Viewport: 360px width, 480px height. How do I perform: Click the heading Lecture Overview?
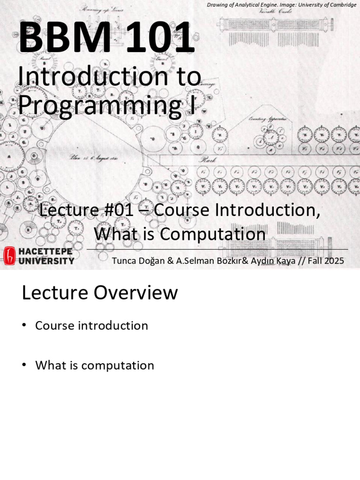pos(100,293)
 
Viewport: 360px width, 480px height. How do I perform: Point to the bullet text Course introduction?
pos(91,325)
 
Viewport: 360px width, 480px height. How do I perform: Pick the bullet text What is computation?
pos(94,365)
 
